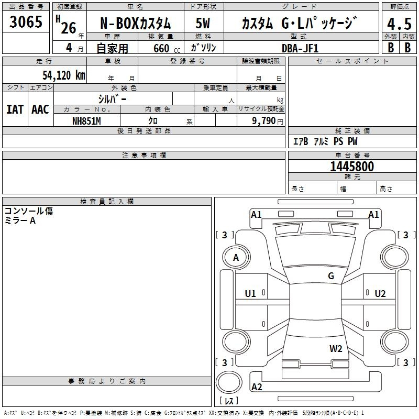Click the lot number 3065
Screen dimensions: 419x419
click(26, 21)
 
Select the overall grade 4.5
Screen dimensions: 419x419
click(399, 24)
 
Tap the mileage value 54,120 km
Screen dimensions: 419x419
click(64, 75)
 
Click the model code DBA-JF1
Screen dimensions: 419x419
click(300, 48)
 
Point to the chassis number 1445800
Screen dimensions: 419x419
click(352, 166)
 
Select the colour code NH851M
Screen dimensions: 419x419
click(86, 121)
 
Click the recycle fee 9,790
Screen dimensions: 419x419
click(263, 121)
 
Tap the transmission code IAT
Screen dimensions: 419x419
click(15, 109)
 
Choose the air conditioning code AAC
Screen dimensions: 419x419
click(40, 109)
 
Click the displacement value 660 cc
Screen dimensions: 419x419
click(167, 48)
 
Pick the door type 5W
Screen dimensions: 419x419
click(203, 23)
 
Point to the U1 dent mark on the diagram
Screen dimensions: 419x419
click(250, 294)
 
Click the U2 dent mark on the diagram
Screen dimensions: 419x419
click(380, 294)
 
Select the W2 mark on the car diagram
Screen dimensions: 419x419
click(336, 349)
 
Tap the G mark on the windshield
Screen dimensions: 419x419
click(331, 275)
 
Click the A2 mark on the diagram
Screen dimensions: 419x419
click(257, 387)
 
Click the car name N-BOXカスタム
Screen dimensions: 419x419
click(135, 23)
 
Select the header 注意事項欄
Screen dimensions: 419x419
click(144, 155)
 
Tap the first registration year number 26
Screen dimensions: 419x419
click(69, 28)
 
